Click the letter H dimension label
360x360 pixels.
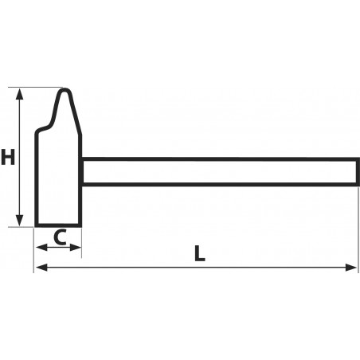tap(8, 157)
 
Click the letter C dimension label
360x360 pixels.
tap(60, 237)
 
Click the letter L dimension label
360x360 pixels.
tap(199, 253)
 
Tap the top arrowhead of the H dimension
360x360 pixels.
tap(19, 94)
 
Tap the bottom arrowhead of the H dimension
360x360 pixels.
tap(19, 221)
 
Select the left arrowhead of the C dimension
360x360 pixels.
tap(41, 248)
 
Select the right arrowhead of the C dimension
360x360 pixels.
tap(76, 248)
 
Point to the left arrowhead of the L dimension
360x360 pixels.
tap(41, 268)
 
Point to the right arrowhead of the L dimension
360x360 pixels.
tap(351, 268)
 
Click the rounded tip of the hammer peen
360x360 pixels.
tap(65, 90)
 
